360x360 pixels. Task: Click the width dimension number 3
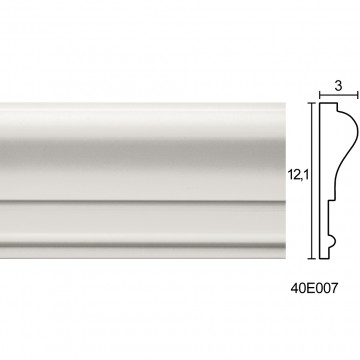[x=338, y=86]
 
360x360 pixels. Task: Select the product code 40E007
[x=314, y=288]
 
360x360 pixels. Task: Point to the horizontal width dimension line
[x=339, y=95]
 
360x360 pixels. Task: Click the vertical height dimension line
[x=312, y=180]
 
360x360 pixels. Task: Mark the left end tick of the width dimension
[x=320, y=95]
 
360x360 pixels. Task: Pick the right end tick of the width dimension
[x=358, y=95]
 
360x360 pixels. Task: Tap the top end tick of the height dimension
[x=312, y=103]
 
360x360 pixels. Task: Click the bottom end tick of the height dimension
[x=312, y=258]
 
